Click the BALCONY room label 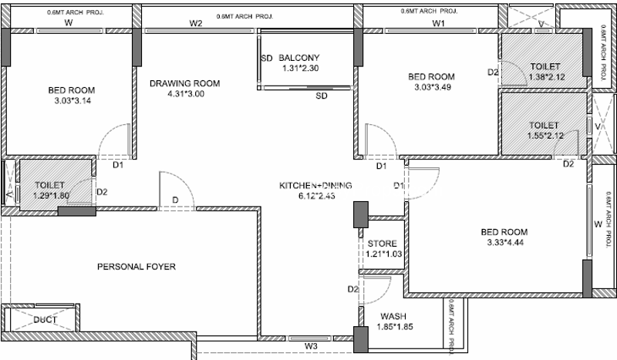tap(299, 58)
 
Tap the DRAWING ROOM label tap(184, 83)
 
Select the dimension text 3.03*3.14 tap(72, 101)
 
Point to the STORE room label tap(382, 244)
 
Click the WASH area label tap(393, 316)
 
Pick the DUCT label tap(46, 320)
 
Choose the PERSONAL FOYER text tap(137, 267)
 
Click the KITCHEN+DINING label tap(315, 185)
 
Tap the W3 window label tap(311, 346)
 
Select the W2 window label tap(196, 23)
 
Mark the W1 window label tap(438, 23)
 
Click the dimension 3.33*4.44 tap(505, 242)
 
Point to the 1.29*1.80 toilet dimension tap(52, 196)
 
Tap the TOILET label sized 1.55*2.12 tap(544, 126)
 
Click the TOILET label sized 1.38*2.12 tap(545, 66)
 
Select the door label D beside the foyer tap(175, 200)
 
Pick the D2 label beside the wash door tap(353, 290)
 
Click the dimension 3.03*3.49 tap(433, 87)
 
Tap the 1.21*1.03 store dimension tap(383, 254)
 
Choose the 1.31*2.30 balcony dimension tap(300, 69)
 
